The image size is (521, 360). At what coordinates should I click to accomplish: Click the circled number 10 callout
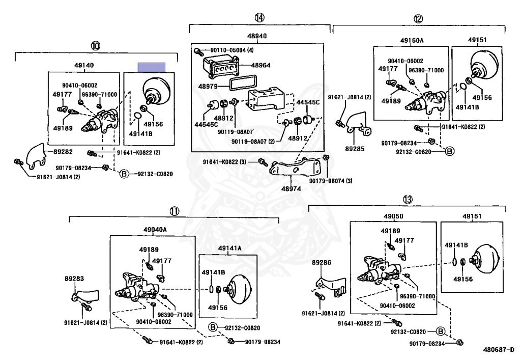(x=95, y=46)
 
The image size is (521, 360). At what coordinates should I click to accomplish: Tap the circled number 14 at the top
(x=259, y=18)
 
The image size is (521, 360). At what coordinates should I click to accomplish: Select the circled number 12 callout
(x=418, y=19)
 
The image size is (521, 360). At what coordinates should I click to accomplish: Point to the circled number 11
(x=175, y=210)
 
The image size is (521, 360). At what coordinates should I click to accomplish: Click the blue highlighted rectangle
(x=152, y=67)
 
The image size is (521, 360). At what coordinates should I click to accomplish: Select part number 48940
(x=257, y=36)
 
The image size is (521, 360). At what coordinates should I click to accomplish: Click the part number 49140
(x=84, y=65)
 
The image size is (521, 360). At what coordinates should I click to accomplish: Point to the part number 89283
(x=74, y=279)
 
